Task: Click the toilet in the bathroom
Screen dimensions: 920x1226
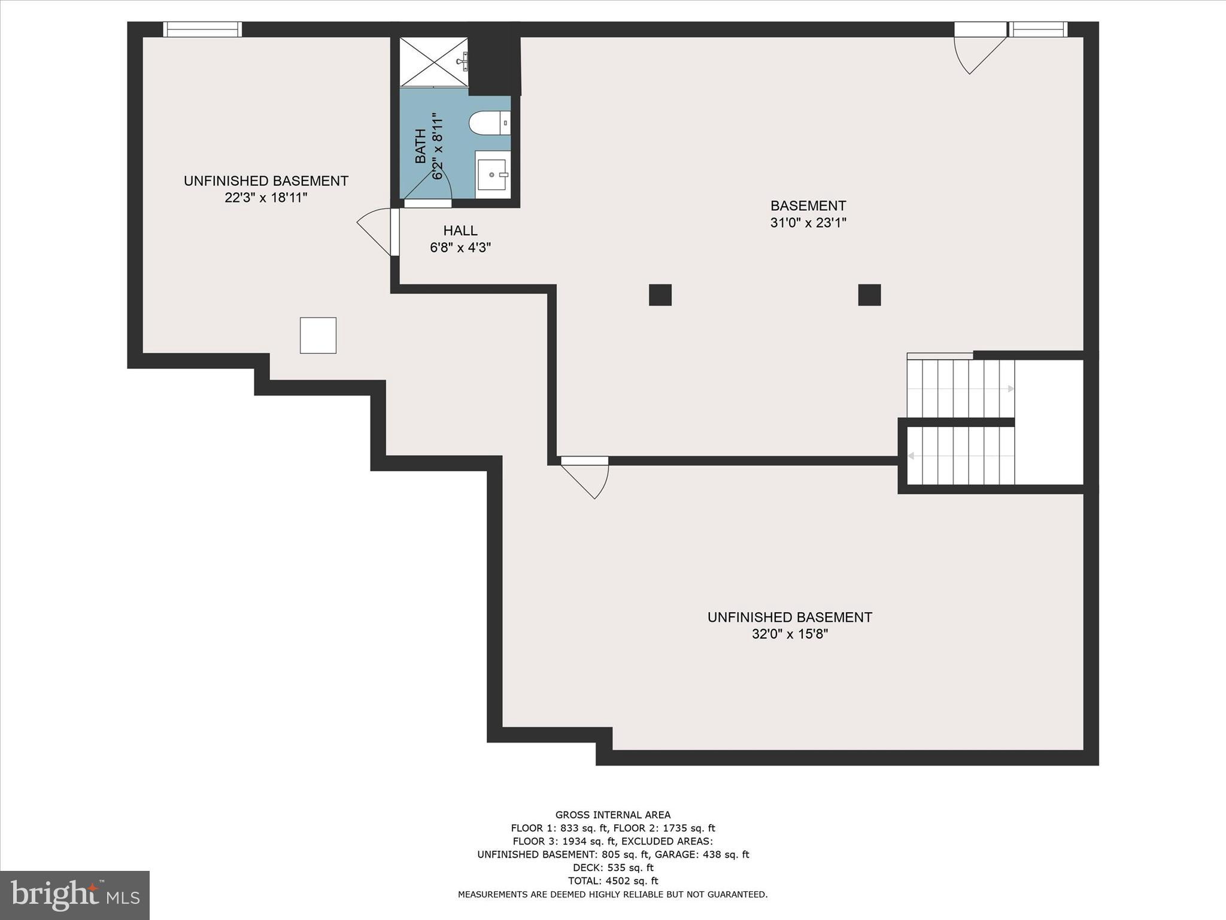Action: click(488, 123)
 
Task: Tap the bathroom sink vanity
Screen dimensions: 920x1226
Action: click(493, 174)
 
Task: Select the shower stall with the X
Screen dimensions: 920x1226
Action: click(433, 61)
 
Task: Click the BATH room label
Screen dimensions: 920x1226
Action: click(421, 146)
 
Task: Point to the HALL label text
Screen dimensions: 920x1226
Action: click(460, 231)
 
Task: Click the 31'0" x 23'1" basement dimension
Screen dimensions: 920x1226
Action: click(808, 223)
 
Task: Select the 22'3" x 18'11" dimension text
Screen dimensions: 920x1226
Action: click(266, 198)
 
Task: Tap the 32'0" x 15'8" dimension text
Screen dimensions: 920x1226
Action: click(790, 634)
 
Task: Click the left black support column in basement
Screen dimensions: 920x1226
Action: click(660, 295)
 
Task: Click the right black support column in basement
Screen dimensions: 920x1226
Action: click(869, 295)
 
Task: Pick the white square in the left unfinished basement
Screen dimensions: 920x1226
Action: click(318, 335)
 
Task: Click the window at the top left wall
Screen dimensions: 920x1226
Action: click(202, 29)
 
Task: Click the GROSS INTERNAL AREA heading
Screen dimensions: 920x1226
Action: click(612, 815)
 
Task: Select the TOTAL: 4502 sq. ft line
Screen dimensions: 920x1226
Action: click(612, 880)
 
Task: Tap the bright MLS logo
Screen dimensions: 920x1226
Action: click(75, 895)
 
